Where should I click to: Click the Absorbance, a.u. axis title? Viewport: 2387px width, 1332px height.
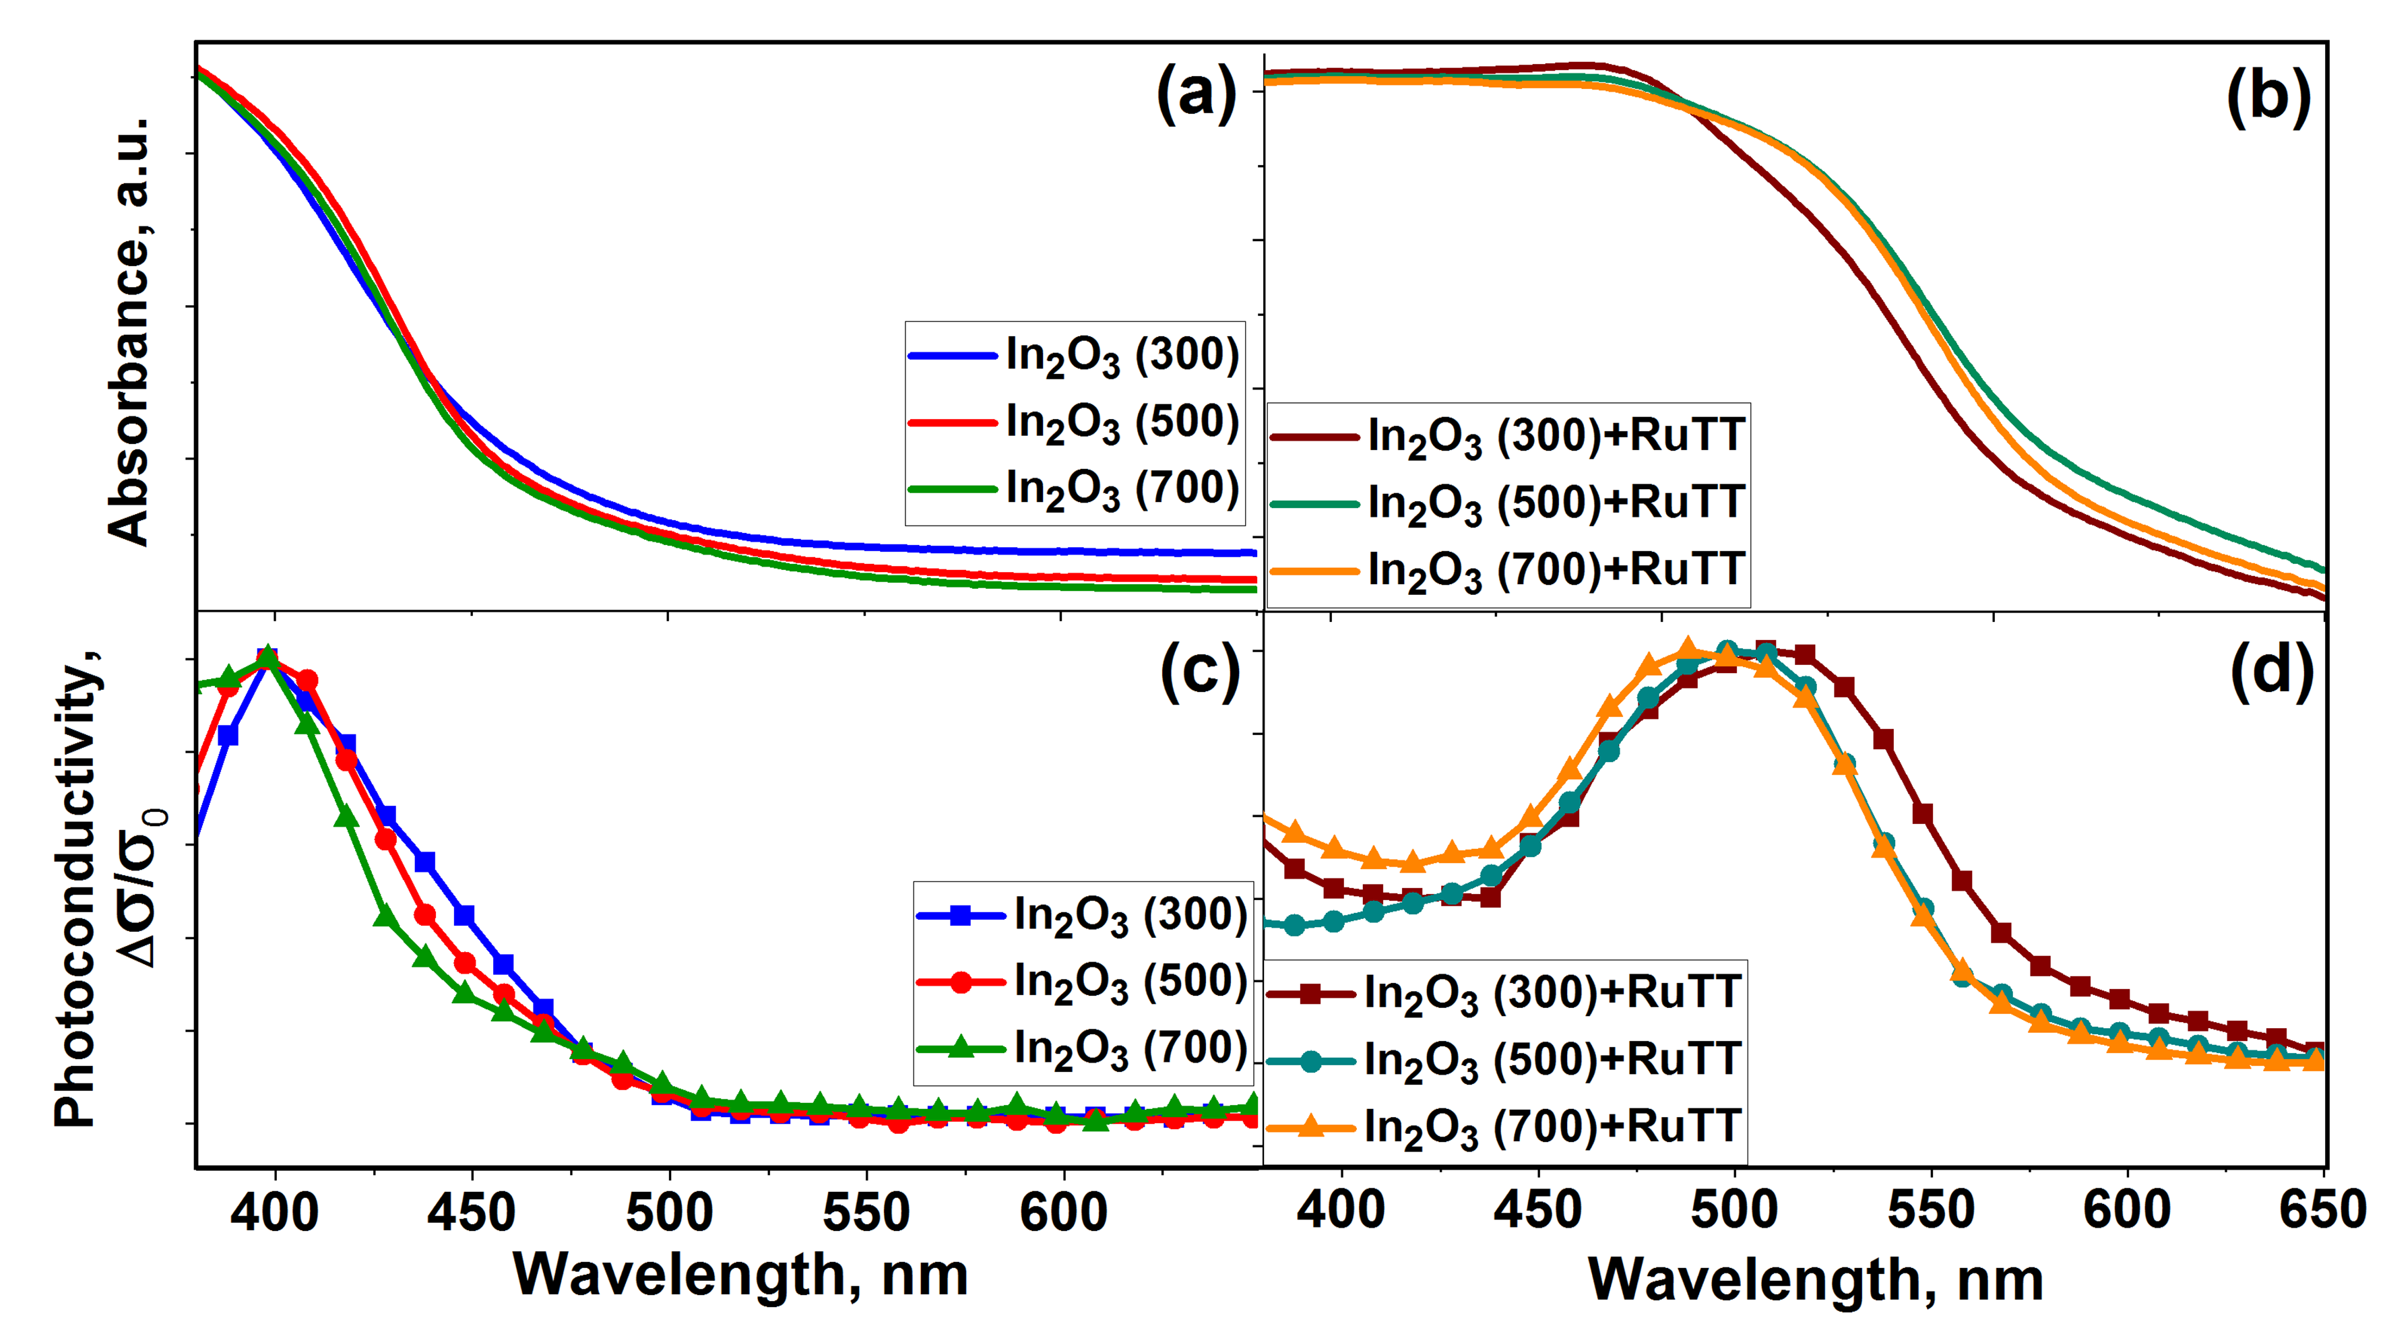coord(129,331)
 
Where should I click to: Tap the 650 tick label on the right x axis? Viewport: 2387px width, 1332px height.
coord(2324,1209)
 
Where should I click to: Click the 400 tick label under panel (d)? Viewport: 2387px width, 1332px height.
coord(1340,1209)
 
